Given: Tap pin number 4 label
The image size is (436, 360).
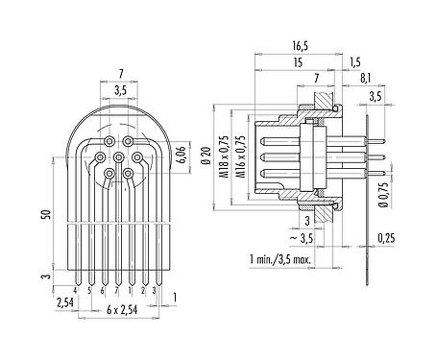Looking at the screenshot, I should point(75,287).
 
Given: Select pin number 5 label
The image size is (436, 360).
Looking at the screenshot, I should point(89,287).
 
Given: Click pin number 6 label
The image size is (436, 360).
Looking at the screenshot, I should point(103,287).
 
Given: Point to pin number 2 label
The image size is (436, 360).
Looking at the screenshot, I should point(143,287).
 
